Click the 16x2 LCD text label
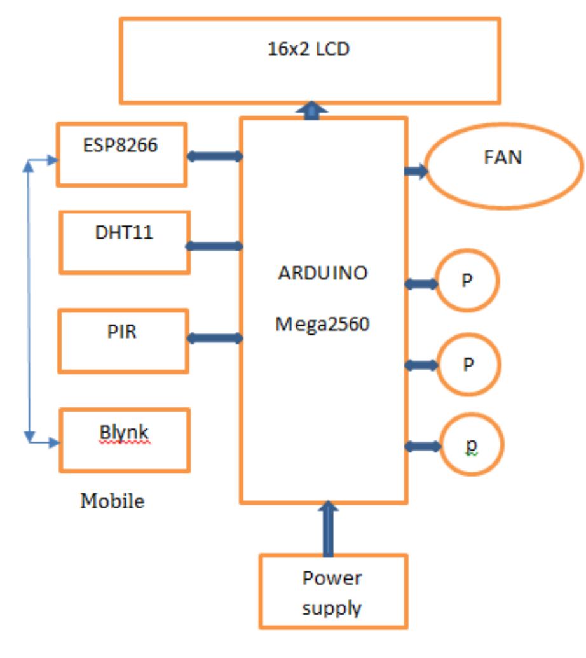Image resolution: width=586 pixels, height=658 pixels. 309,49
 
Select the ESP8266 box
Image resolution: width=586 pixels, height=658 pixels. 121,155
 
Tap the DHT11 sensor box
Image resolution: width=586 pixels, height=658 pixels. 125,242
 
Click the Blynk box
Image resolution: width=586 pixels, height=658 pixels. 125,440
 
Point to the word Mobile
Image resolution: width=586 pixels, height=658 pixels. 112,501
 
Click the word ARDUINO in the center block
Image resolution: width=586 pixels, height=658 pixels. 323,273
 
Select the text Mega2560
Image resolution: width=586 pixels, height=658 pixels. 322,324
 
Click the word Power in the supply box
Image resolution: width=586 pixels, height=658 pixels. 332,578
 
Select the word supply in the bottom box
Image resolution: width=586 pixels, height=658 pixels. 332,608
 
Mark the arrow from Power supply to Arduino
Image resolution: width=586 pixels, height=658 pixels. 328,528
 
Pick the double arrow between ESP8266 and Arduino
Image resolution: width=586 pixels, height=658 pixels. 215,156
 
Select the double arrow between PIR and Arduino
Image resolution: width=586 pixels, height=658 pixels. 215,338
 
